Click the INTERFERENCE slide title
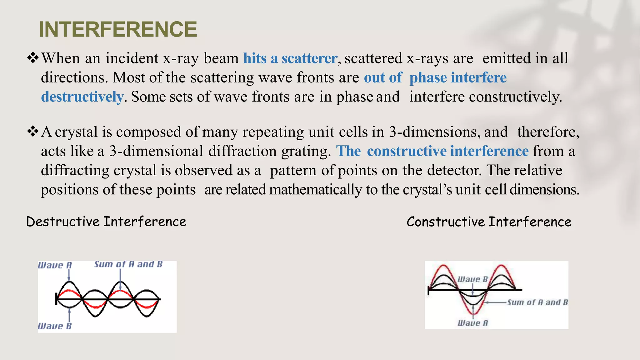point(118,29)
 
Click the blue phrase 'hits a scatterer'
point(290,58)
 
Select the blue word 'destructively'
point(82,97)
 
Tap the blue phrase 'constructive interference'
point(447,151)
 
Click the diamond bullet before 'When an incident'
point(32,57)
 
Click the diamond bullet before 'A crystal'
point(32,131)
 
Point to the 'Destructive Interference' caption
point(106,222)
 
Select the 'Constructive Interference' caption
point(489,222)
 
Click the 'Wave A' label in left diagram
point(55,265)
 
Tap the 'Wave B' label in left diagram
point(55,326)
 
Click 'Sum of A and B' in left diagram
point(128,264)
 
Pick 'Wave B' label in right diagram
point(472,279)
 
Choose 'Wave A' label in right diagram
point(472,323)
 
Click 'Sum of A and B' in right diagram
point(537,302)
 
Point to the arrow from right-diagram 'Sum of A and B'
point(495,302)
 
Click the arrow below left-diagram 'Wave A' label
point(69,275)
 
